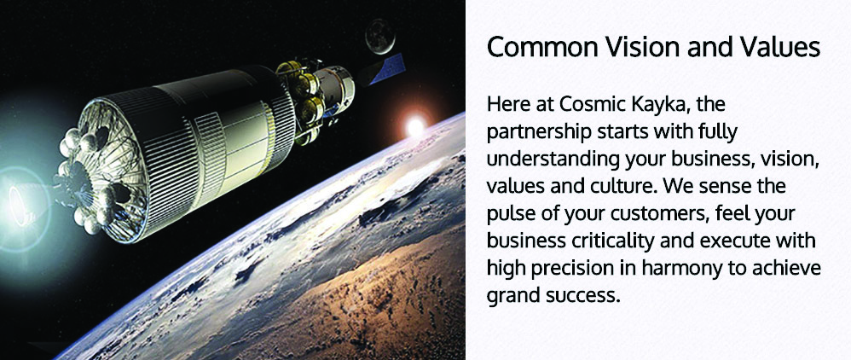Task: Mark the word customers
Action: pyautogui.click(x=658, y=214)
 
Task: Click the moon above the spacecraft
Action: pyautogui.click(x=379, y=36)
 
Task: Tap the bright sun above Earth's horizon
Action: pyautogui.click(x=414, y=127)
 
